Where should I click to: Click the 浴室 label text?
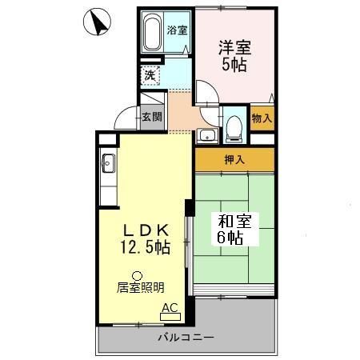pyautogui.click(x=177, y=31)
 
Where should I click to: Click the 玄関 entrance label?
pyautogui.click(x=152, y=117)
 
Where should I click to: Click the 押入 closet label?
pyautogui.click(x=234, y=159)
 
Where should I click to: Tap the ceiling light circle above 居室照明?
pyautogui.click(x=136, y=274)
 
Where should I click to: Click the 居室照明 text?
pyautogui.click(x=141, y=287)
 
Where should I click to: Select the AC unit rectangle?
pyautogui.click(x=170, y=316)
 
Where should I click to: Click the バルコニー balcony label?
pyautogui.click(x=186, y=338)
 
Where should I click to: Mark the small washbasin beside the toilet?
pyautogui.click(x=206, y=134)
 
